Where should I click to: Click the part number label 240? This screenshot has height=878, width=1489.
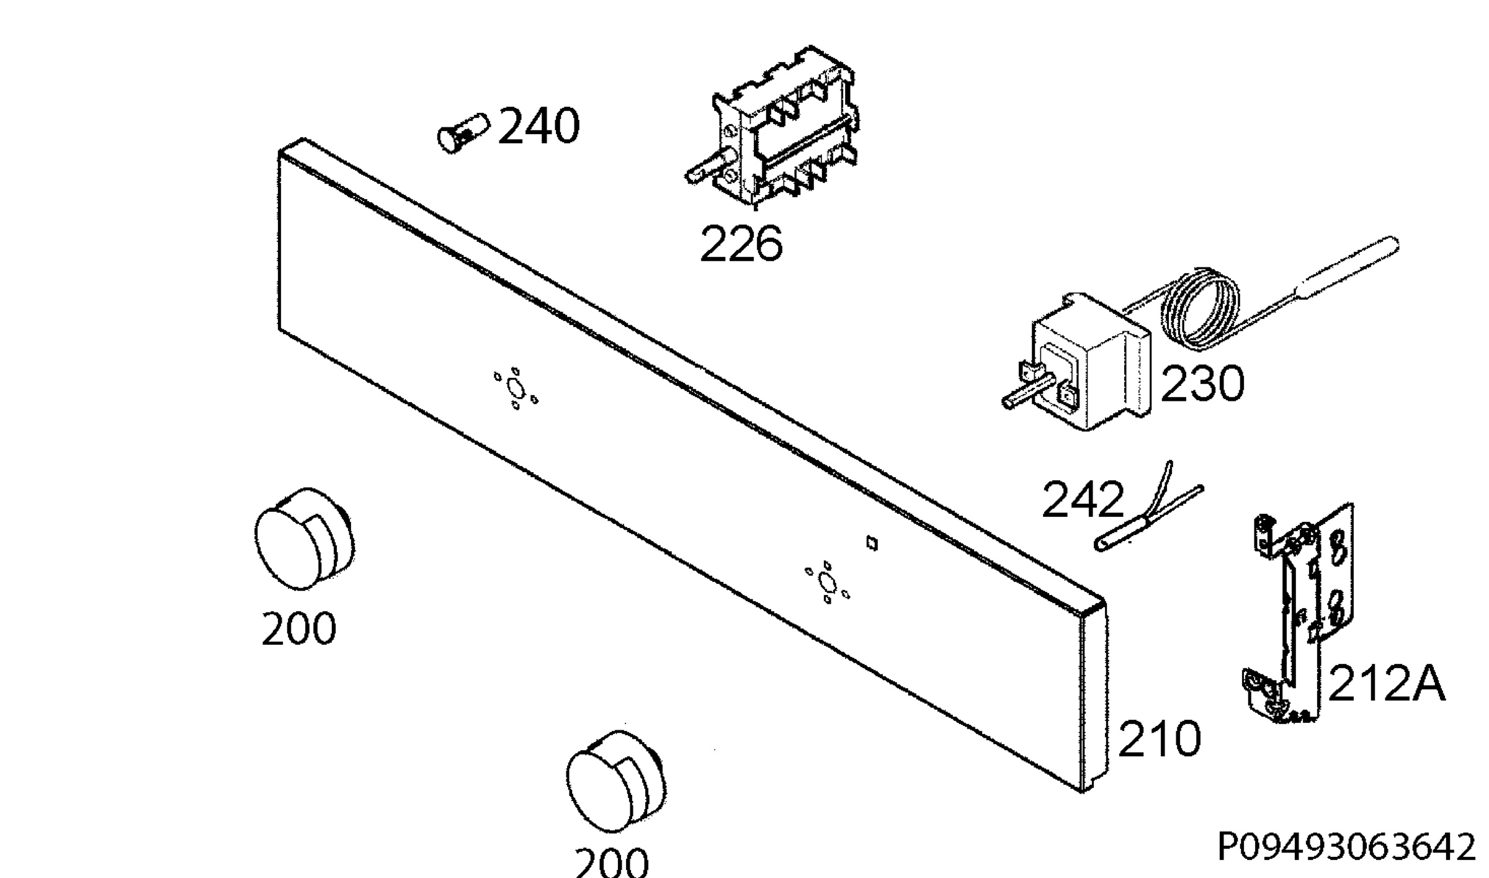coord(539,127)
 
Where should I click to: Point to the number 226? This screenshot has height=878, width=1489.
coord(741,244)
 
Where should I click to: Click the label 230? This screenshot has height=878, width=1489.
coord(1202,383)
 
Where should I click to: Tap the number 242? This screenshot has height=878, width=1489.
coord(1083,499)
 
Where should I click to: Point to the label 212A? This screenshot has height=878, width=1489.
coord(1386,684)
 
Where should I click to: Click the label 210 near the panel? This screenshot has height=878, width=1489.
coord(1159,739)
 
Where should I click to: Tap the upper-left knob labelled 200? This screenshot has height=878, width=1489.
coord(304,539)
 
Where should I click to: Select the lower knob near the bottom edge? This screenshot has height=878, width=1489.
coord(615,781)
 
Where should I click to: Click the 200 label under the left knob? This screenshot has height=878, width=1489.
coord(298,629)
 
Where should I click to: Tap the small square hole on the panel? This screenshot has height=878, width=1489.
coord(872,544)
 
